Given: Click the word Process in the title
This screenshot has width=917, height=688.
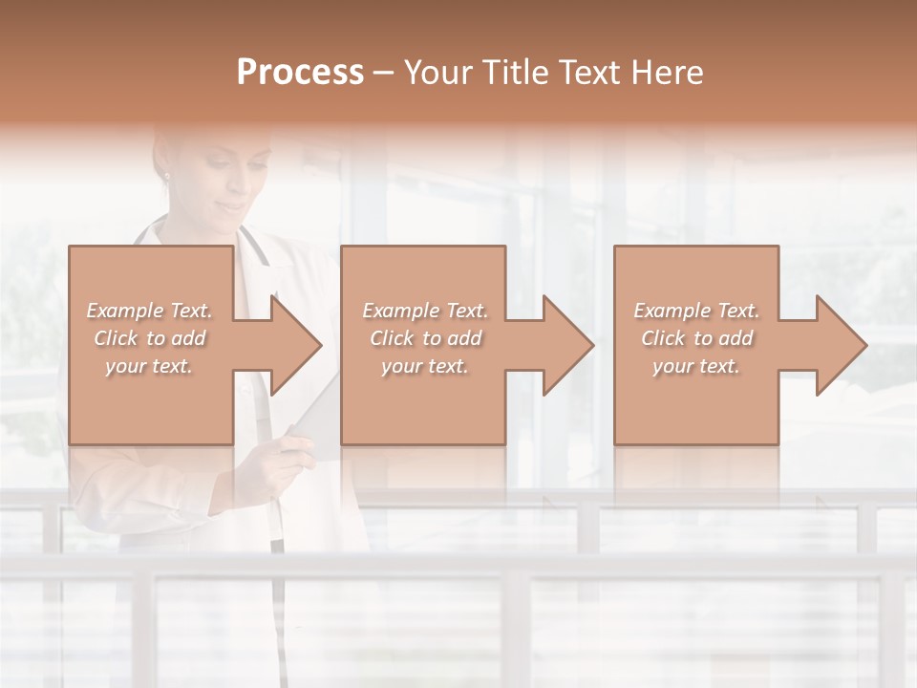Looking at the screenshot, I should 300,73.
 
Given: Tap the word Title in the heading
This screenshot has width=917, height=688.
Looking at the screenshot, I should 517,73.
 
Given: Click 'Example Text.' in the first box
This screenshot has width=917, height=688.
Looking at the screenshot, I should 150,311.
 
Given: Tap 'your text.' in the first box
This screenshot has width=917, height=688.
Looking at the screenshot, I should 150,366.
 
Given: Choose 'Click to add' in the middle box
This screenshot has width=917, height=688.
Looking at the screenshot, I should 425,338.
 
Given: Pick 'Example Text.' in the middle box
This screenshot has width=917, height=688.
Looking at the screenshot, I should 425,311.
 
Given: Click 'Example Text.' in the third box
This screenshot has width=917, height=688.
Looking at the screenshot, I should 696,311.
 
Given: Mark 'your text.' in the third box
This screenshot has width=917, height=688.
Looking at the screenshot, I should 696,366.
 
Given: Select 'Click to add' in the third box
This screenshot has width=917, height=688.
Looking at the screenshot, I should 696,338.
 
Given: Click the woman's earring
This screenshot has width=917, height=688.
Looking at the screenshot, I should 166,175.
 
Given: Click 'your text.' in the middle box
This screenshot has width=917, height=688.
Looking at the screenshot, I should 425,366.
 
